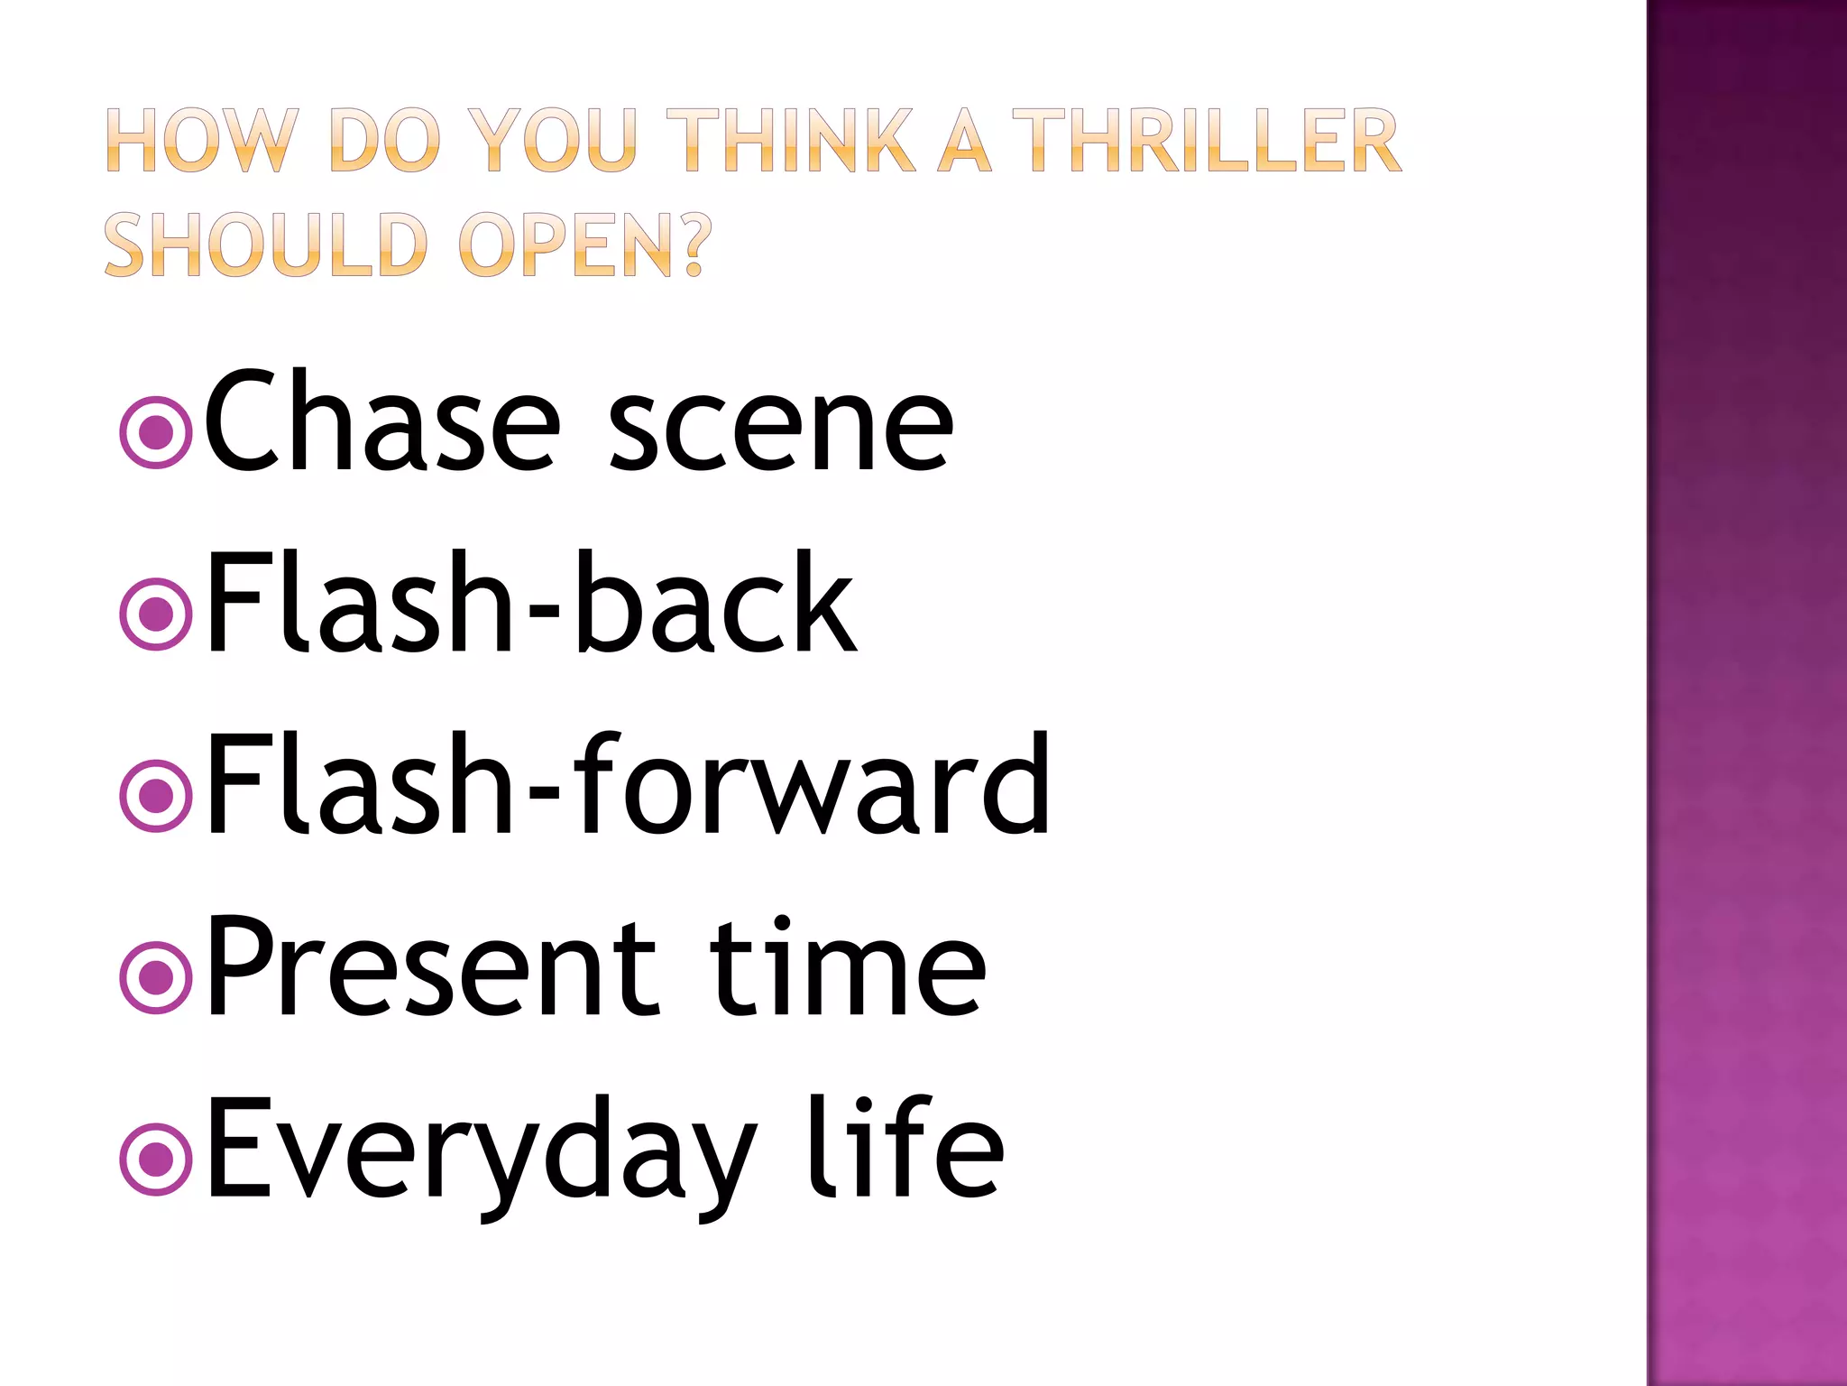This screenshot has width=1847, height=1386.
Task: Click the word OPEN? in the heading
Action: coord(585,245)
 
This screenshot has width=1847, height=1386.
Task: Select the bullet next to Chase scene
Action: coord(156,432)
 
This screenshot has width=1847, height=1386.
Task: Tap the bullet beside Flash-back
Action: coord(156,614)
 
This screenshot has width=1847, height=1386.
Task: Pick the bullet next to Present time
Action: coord(156,977)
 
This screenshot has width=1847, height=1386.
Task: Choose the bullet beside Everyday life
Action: coord(156,1160)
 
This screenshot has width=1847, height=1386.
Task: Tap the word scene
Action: coord(780,431)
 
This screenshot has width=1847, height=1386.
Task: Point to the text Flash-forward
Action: coord(628,785)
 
